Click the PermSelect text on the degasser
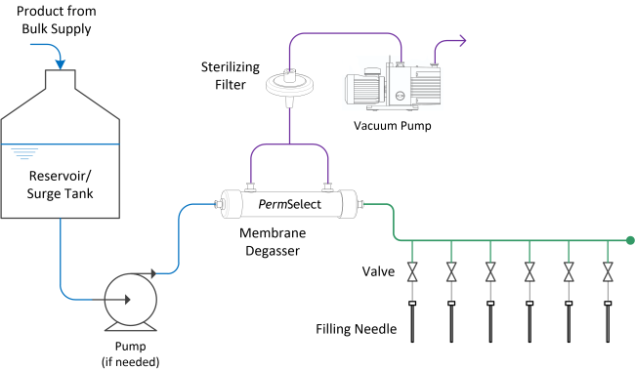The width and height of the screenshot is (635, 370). pyautogui.click(x=288, y=204)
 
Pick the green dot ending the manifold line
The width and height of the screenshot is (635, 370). pyautogui.click(x=630, y=240)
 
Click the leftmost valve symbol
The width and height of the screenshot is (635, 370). pyautogui.click(x=412, y=271)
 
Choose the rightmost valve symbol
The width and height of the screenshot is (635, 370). pyautogui.click(x=608, y=271)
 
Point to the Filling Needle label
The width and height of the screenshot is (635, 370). pyautogui.click(x=357, y=328)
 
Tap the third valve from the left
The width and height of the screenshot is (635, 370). pyautogui.click(x=490, y=271)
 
